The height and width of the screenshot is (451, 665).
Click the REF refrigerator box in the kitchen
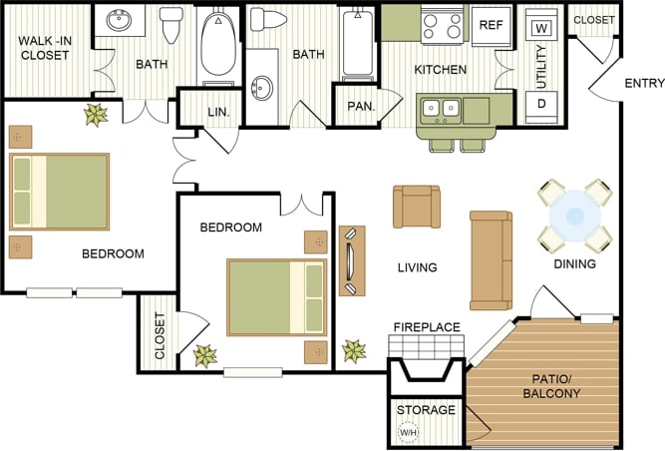click(x=492, y=25)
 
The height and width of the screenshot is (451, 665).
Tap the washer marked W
click(x=542, y=27)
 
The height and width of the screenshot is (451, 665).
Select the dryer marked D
click(x=542, y=104)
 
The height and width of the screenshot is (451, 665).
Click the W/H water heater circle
click(x=408, y=432)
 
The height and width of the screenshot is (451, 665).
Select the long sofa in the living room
click(x=491, y=259)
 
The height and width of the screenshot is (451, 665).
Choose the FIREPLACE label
click(x=426, y=326)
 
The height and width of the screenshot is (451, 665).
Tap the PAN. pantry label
click(x=359, y=106)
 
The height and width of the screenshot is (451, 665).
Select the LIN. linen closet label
click(x=218, y=113)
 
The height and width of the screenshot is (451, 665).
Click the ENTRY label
click(x=643, y=83)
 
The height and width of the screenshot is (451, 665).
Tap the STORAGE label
click(x=426, y=410)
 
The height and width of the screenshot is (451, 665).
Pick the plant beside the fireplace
click(x=354, y=351)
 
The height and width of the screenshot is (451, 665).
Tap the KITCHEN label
click(x=441, y=70)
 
